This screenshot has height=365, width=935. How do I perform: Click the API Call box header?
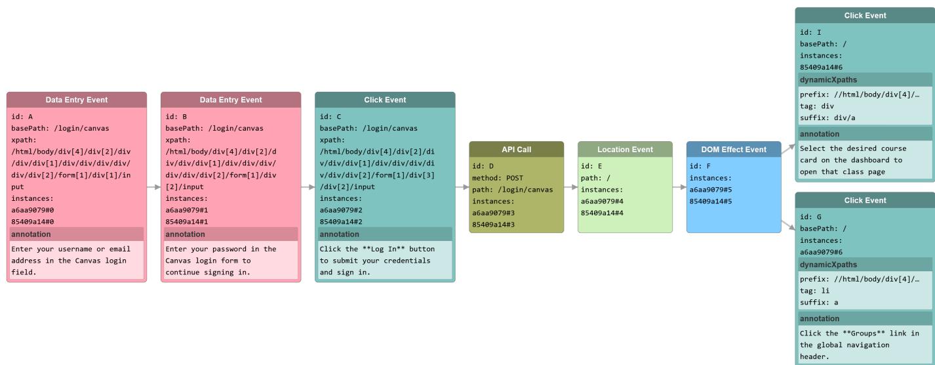coord(516,149)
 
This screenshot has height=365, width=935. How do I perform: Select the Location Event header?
coord(625,149)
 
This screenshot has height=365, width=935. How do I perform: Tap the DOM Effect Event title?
coord(734,149)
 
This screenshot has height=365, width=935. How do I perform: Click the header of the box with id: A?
coord(76,100)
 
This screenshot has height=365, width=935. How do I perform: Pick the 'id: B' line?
coord(176,117)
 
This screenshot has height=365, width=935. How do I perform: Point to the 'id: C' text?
coord(330,117)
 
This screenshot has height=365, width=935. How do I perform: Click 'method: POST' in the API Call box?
coord(498,178)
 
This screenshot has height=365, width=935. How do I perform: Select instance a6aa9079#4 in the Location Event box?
coord(602,202)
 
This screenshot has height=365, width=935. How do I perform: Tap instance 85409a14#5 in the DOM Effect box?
coord(711,202)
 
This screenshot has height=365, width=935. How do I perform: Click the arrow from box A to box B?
coord(153,187)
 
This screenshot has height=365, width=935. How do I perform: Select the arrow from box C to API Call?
coord(462,187)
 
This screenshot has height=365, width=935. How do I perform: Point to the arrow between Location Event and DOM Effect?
coord(679,187)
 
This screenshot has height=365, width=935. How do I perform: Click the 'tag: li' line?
coord(814,291)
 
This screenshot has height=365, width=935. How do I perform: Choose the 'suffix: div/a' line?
coord(827,118)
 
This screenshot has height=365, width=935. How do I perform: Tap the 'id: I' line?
coord(810,32)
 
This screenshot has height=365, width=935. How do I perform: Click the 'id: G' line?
coord(810,217)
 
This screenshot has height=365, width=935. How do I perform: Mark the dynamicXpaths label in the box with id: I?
coord(828,80)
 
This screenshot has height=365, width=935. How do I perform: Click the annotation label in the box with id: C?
coord(340,234)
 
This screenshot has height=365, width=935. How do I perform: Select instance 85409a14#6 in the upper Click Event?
coord(821,68)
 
